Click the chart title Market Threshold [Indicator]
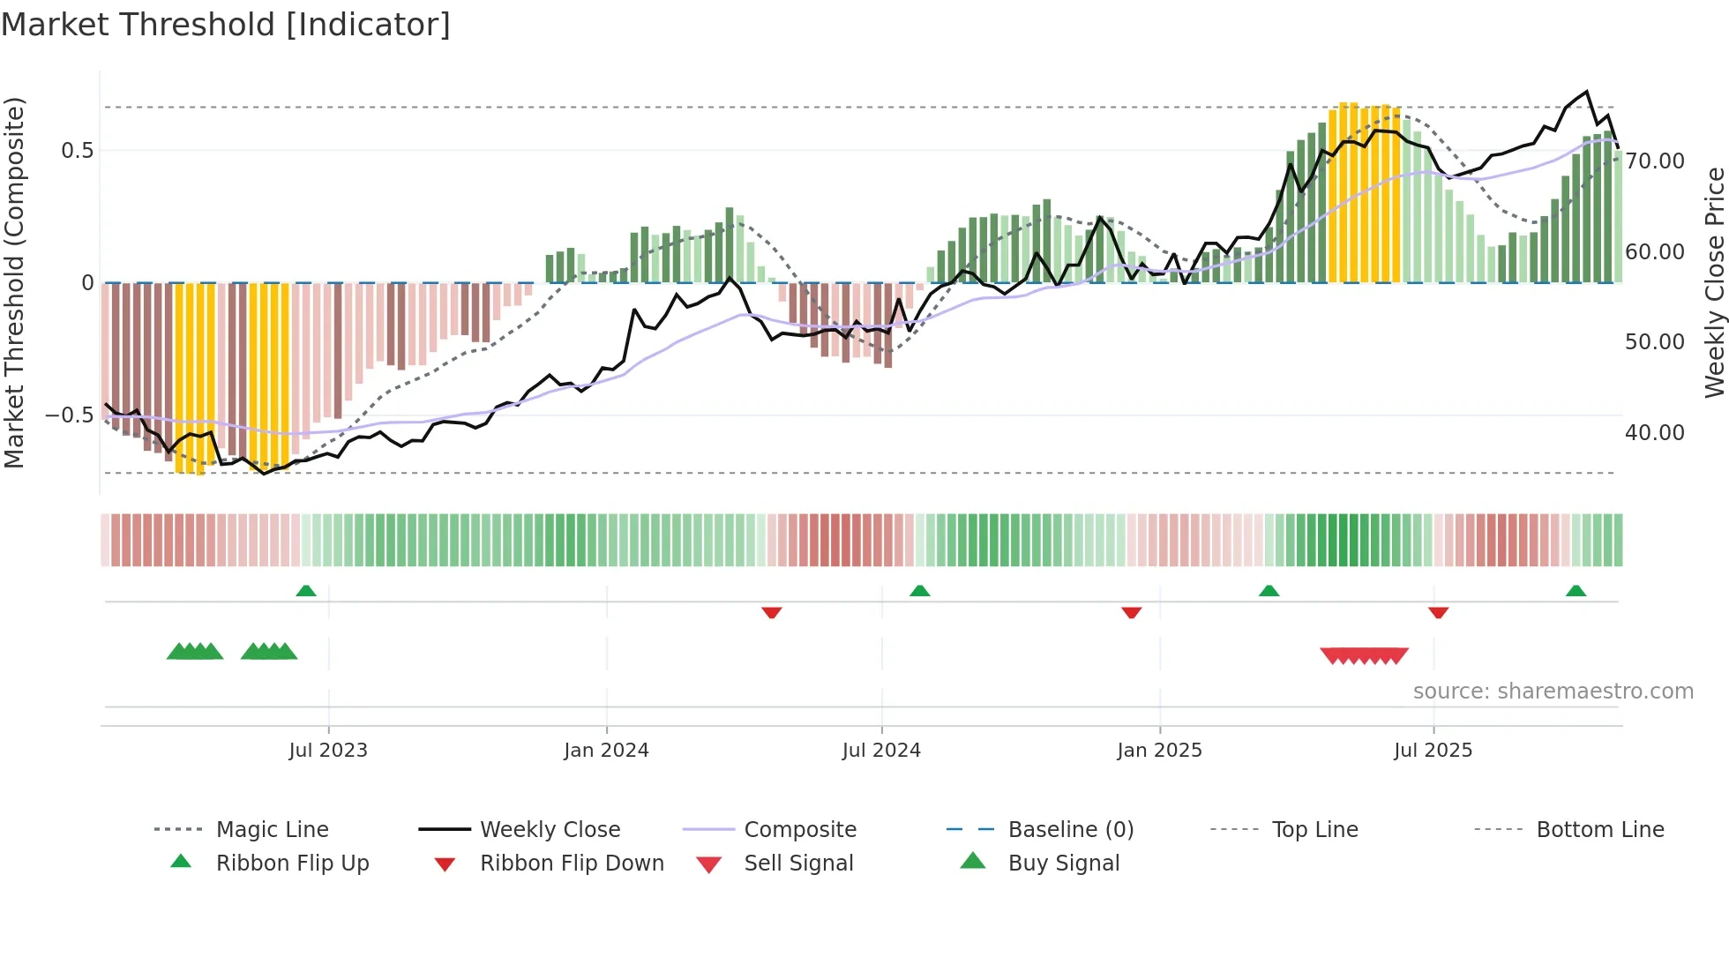(x=226, y=25)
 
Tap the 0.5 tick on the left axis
(x=77, y=151)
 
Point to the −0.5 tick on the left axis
(x=70, y=415)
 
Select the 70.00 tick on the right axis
(x=1655, y=161)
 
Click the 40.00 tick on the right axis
(x=1655, y=433)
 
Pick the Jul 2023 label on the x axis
(x=328, y=751)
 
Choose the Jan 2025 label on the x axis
(x=1159, y=751)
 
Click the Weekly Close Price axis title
(x=1714, y=282)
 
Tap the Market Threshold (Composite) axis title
(x=14, y=282)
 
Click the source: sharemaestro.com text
(x=1553, y=692)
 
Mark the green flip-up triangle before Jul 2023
(x=306, y=591)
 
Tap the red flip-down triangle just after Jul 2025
(x=1438, y=612)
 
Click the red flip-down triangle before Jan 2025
(x=1131, y=612)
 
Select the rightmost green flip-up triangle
(x=1576, y=591)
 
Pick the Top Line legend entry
(x=1314, y=830)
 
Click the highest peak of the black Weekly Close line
(x=1587, y=92)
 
